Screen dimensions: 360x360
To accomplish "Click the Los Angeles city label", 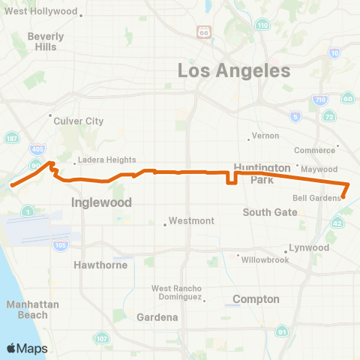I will [x=233, y=71].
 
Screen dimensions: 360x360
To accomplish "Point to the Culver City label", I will [x=79, y=121].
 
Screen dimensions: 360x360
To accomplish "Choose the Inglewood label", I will [x=101, y=202].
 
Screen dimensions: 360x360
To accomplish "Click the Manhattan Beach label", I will [x=27, y=310].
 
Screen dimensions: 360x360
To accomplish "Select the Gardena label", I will [x=157, y=317].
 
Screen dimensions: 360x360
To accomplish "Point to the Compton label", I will [x=256, y=299].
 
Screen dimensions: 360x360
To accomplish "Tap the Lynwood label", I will [x=308, y=247].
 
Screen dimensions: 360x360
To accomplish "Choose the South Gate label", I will [x=271, y=212].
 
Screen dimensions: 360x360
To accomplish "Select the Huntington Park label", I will [x=262, y=173].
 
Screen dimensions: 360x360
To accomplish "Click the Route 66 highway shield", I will [x=204, y=31].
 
